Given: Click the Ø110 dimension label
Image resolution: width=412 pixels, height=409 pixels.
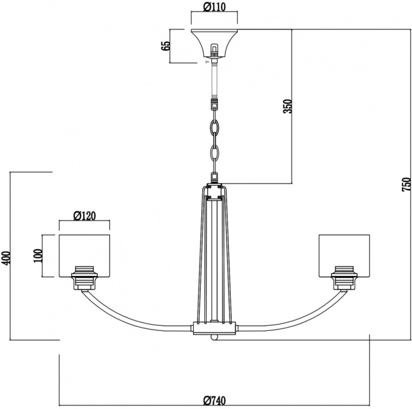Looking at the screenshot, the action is pyautogui.click(x=214, y=7).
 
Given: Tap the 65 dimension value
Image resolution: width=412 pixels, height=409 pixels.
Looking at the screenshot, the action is pyautogui.click(x=166, y=46).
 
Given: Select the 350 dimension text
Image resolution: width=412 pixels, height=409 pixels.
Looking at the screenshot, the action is pyautogui.click(x=287, y=106).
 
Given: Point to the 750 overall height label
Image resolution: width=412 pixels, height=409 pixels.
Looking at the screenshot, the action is pyautogui.click(x=406, y=184).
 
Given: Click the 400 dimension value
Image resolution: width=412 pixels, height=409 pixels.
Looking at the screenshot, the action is pyautogui.click(x=6, y=258).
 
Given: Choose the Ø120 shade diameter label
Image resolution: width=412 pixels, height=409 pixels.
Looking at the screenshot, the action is pyautogui.click(x=85, y=215).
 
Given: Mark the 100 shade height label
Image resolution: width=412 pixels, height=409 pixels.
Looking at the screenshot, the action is pyautogui.click(x=38, y=256).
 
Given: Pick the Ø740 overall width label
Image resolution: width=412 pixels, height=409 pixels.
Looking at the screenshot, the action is pyautogui.click(x=214, y=401).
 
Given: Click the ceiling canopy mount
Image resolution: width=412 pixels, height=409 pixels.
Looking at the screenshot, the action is pyautogui.click(x=214, y=44).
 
